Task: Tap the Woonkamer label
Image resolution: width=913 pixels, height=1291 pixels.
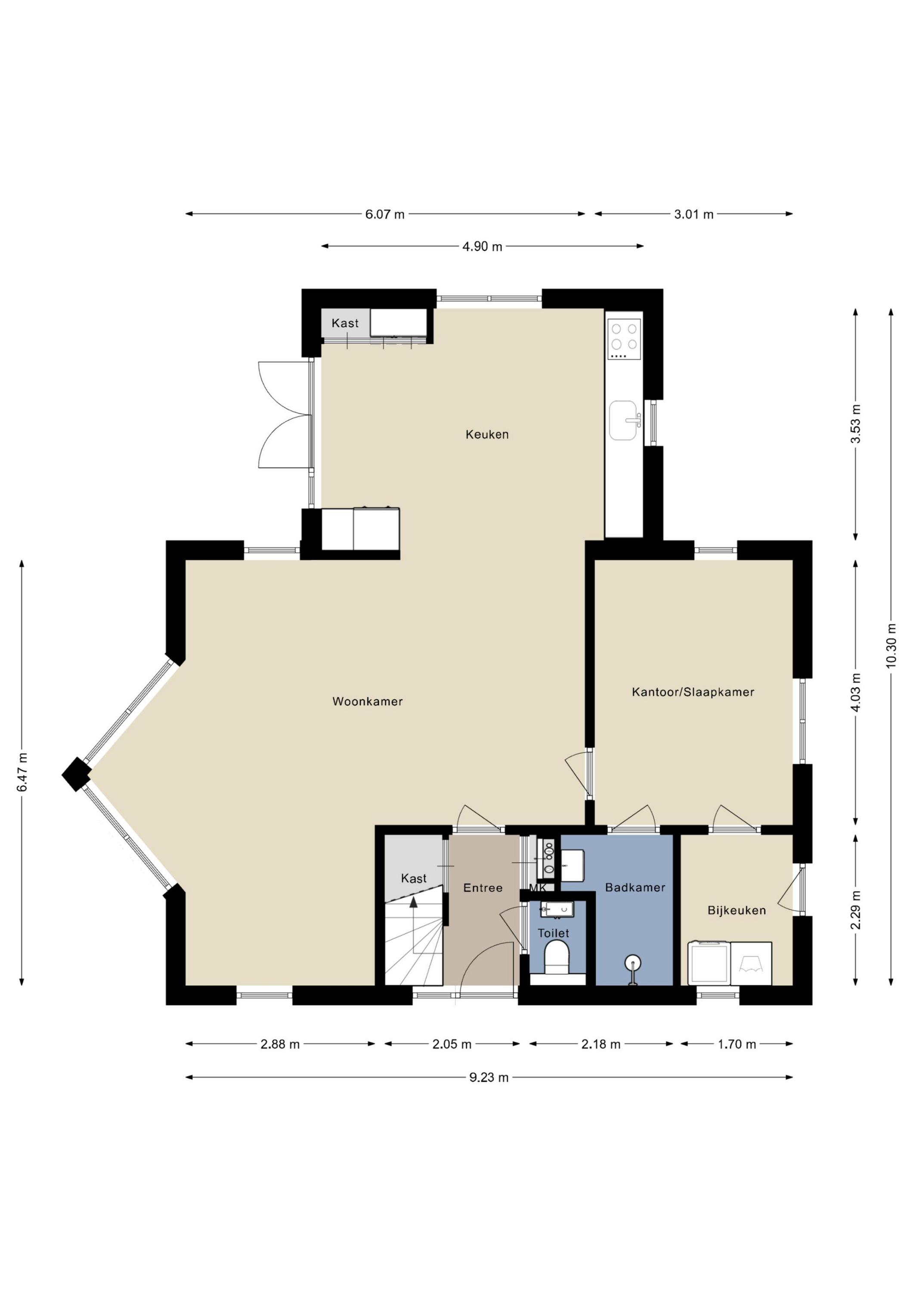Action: coord(367,701)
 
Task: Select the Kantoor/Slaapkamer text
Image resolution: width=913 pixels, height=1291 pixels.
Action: coord(693,692)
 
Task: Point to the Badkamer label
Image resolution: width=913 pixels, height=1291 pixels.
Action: coord(635,887)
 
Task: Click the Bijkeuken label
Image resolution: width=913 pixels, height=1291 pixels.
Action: coord(737,910)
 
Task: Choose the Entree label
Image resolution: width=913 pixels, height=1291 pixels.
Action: coord(483,888)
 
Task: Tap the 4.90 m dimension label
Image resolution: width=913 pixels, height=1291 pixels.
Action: coord(482,246)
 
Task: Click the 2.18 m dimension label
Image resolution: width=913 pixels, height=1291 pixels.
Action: coord(601,1044)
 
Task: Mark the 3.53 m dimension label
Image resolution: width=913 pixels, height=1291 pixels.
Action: coord(856,424)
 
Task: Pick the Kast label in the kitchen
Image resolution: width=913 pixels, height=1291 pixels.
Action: coord(345,323)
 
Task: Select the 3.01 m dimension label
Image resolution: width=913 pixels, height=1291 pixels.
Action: coord(693,214)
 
